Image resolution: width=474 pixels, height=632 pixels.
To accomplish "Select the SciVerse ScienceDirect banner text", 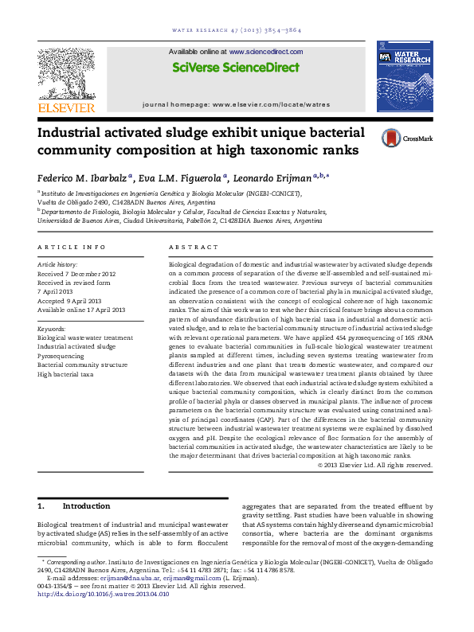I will [x=237, y=68].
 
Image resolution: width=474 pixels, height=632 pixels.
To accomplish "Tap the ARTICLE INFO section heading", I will [x=72, y=248].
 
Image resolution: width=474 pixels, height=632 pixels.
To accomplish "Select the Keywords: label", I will [x=52, y=328].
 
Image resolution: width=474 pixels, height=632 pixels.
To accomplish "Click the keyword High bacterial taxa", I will [x=65, y=373].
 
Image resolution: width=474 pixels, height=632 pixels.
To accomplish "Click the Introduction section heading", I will [x=86, y=506].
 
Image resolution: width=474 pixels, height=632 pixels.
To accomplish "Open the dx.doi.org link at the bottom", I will [x=104, y=594].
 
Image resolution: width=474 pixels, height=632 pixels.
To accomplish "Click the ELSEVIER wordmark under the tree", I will [x=66, y=107].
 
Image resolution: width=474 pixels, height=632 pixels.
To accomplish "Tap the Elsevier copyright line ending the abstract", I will [x=374, y=465].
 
